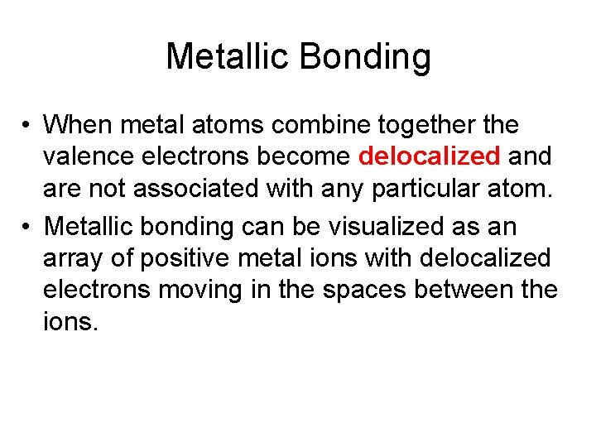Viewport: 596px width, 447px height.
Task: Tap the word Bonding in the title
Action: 364,57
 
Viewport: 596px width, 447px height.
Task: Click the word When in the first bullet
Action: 80,126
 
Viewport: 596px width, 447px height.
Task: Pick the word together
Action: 428,126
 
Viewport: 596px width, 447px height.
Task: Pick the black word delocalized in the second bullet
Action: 485,257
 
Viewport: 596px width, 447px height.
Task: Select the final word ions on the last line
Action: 71,322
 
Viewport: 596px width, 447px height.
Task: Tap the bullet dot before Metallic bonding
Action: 27,225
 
